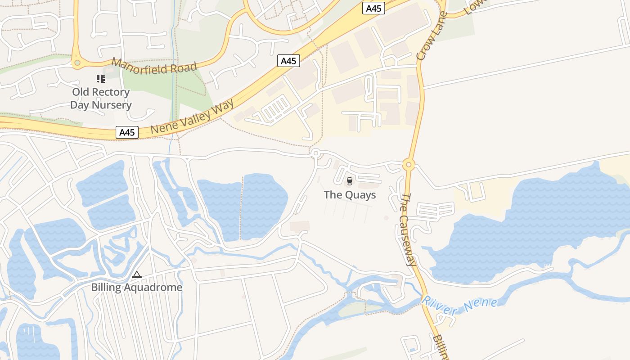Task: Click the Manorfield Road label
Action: (x=154, y=66)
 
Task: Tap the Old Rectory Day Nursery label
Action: (x=101, y=99)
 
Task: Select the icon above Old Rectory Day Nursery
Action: (x=101, y=79)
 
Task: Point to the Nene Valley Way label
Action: (x=192, y=117)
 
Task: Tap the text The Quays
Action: (x=350, y=195)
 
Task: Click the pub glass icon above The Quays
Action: (x=349, y=181)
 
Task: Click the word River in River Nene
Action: (x=439, y=307)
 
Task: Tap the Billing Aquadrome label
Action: (x=137, y=287)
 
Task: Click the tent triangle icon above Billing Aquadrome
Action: (x=136, y=274)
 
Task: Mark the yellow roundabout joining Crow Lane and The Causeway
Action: (x=409, y=165)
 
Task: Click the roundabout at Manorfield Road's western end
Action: (x=77, y=63)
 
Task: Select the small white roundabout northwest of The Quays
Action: (x=315, y=153)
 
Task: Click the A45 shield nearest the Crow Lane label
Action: (x=374, y=8)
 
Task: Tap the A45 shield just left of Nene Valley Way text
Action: (x=127, y=132)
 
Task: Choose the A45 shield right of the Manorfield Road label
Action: (x=288, y=61)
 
